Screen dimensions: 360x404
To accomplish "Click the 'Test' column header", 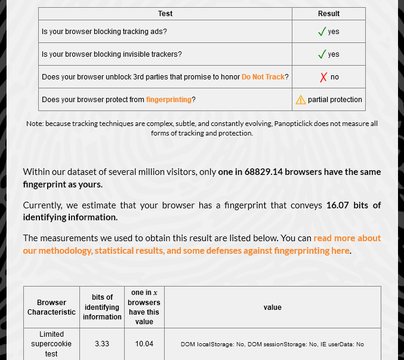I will pos(165,14).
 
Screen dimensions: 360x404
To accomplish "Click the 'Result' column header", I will pos(328,14).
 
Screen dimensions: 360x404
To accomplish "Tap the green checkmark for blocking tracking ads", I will pos(322,31).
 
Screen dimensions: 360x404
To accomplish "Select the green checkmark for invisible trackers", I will pos(322,54).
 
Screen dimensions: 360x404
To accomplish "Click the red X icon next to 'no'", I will pos(323,77).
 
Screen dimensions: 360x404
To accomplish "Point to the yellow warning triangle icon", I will pos(301,100).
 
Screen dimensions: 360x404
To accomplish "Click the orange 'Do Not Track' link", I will pos(263,77).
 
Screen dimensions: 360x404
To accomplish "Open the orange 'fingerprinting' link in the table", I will pos(169,100).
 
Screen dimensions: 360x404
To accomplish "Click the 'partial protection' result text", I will pos(335,100).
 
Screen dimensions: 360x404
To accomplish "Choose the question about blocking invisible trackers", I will pos(112,54).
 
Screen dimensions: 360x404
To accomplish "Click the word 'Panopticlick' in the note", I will pos(297,124).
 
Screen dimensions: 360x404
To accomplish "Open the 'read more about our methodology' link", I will pos(347,238).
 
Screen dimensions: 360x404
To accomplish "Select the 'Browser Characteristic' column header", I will pos(51,307).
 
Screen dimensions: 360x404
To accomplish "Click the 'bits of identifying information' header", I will pos(102,307).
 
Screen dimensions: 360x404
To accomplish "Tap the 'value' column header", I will pos(272,307).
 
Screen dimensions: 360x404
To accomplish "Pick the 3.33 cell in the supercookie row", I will pos(102,344).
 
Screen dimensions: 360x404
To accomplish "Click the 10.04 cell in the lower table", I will pos(144,344).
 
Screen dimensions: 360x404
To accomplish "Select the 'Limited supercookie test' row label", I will pos(51,344).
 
